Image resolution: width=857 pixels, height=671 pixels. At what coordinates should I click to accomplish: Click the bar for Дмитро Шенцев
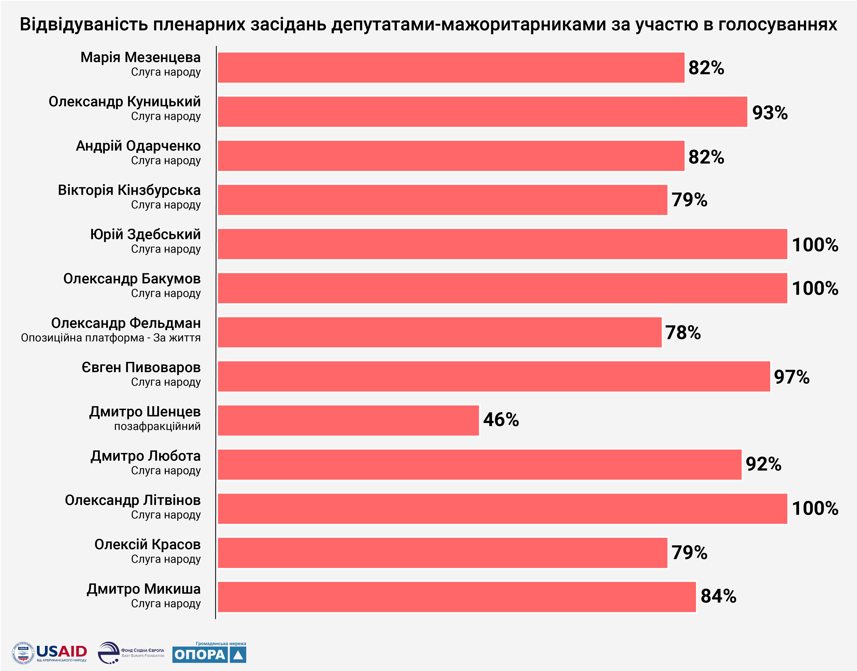348,420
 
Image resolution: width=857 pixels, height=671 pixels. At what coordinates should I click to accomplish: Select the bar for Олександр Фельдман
440,332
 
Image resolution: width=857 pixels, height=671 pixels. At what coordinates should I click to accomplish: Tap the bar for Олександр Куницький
482,112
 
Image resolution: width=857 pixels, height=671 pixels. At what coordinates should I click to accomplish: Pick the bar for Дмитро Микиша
457,597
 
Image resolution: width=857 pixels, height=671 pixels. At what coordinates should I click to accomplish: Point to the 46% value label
501,419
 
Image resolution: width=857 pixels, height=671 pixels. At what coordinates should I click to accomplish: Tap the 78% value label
683,333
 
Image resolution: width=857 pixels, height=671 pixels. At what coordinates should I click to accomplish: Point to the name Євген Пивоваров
141,367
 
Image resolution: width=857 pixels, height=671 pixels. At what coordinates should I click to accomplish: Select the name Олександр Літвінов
133,500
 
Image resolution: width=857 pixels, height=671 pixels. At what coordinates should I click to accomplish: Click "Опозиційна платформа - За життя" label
111,338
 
